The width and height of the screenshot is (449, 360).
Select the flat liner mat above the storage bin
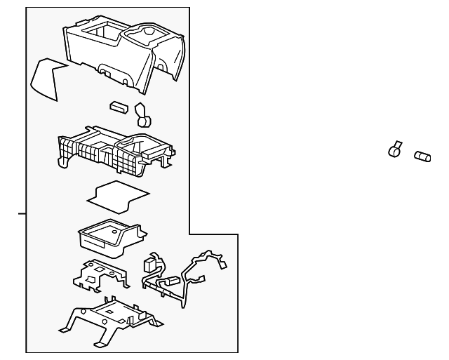click(x=117, y=194)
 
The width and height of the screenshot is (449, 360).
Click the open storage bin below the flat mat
click(x=109, y=235)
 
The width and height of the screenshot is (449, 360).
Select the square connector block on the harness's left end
click(x=150, y=264)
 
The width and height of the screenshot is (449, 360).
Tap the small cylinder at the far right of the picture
click(x=422, y=156)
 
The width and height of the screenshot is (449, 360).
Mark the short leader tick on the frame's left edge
click(x=22, y=213)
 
